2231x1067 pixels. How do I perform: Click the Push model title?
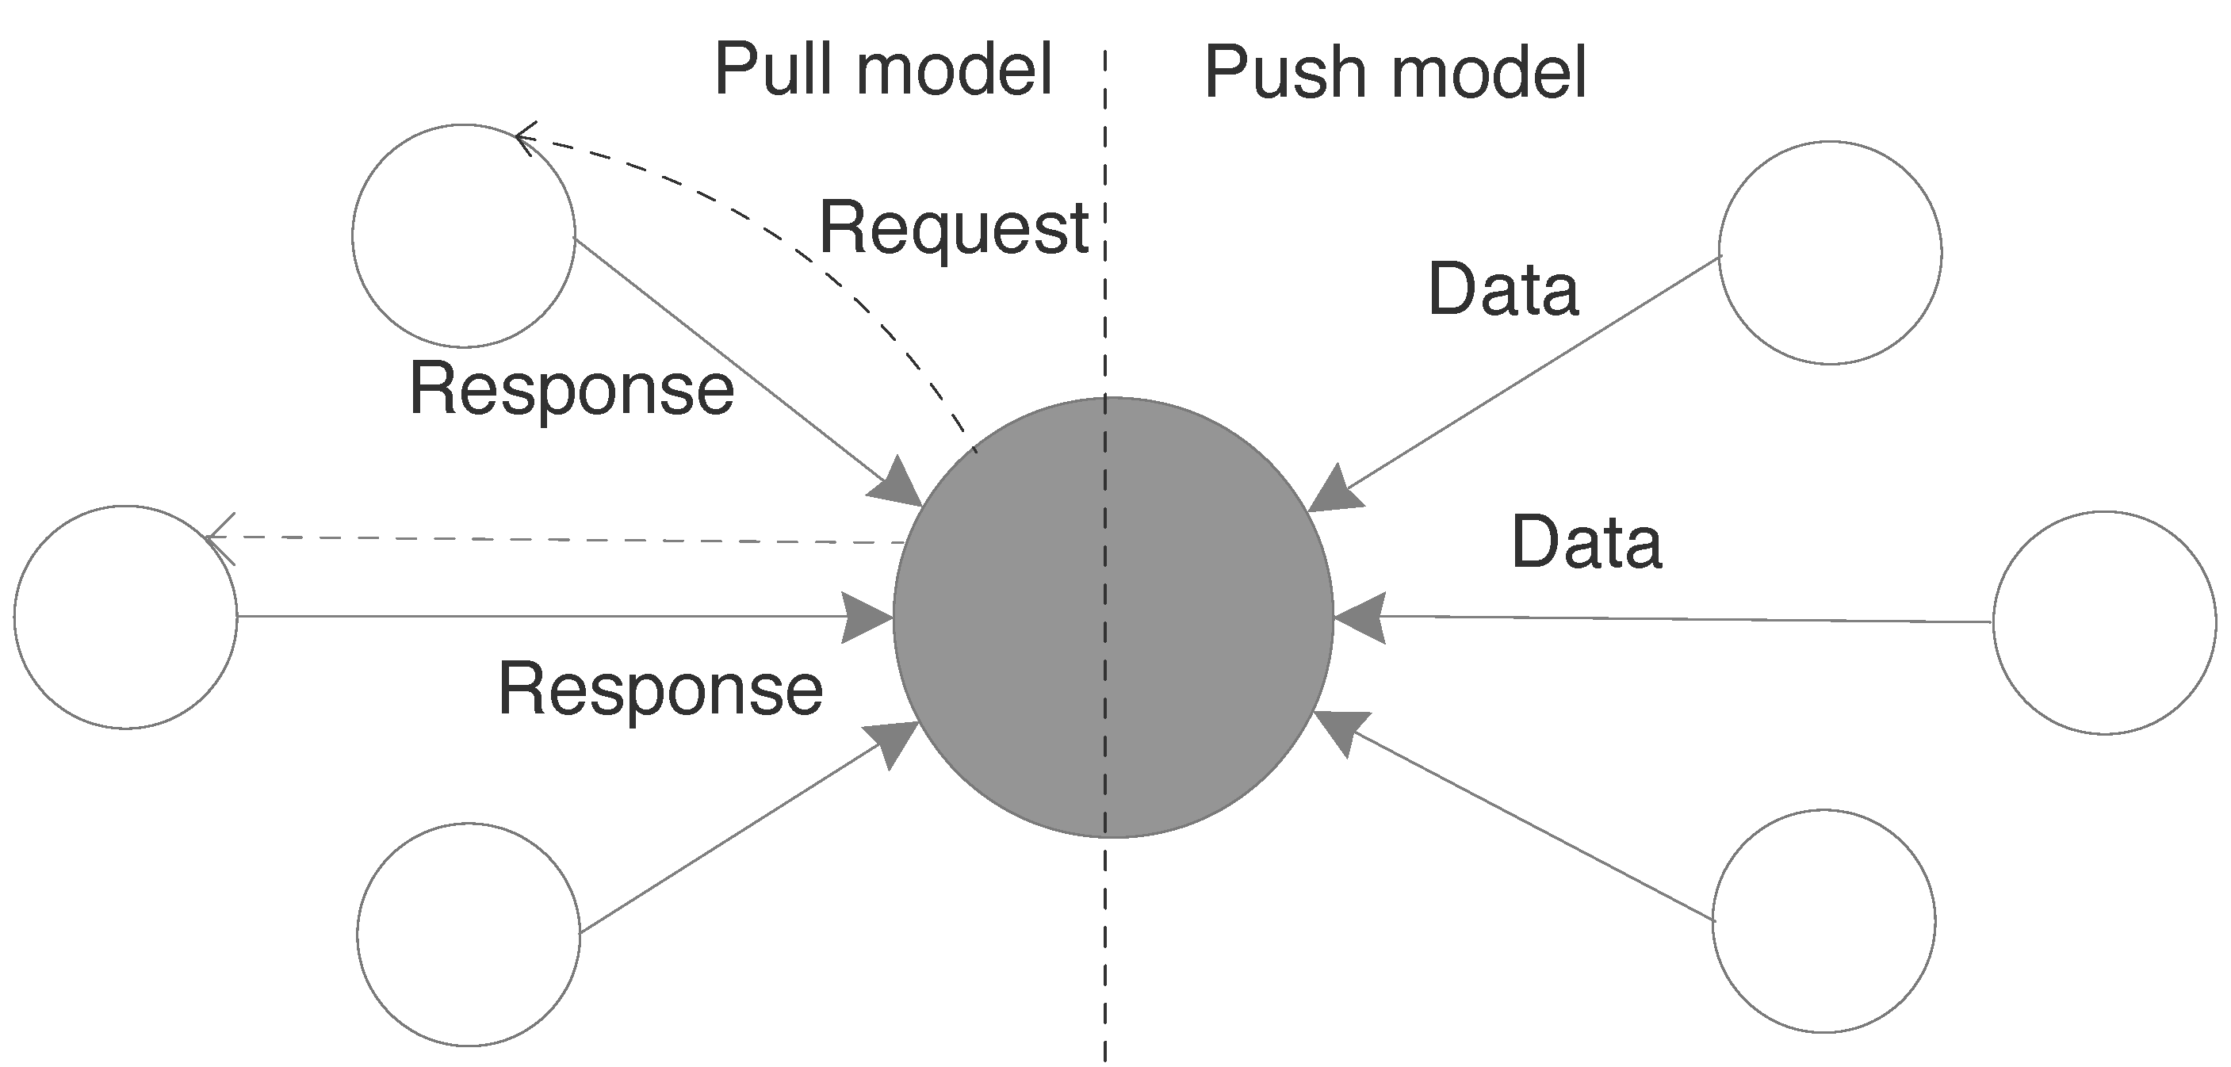point(1395,73)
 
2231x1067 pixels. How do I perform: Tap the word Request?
point(954,228)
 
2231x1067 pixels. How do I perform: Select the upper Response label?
point(572,389)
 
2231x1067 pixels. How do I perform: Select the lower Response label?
point(660,690)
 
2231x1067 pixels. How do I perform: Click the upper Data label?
point(1502,289)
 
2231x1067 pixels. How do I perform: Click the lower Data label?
point(1586,543)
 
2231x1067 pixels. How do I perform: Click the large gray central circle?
point(1113,617)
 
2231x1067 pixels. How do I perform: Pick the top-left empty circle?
point(463,235)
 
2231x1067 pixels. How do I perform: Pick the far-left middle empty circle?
point(125,617)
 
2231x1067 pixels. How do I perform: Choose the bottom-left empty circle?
point(469,935)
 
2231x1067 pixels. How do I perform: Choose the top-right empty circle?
point(1830,253)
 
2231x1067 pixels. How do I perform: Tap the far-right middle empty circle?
point(2105,623)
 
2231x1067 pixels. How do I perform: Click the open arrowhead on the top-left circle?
point(523,138)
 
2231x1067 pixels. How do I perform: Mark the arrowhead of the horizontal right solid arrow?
point(1360,618)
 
